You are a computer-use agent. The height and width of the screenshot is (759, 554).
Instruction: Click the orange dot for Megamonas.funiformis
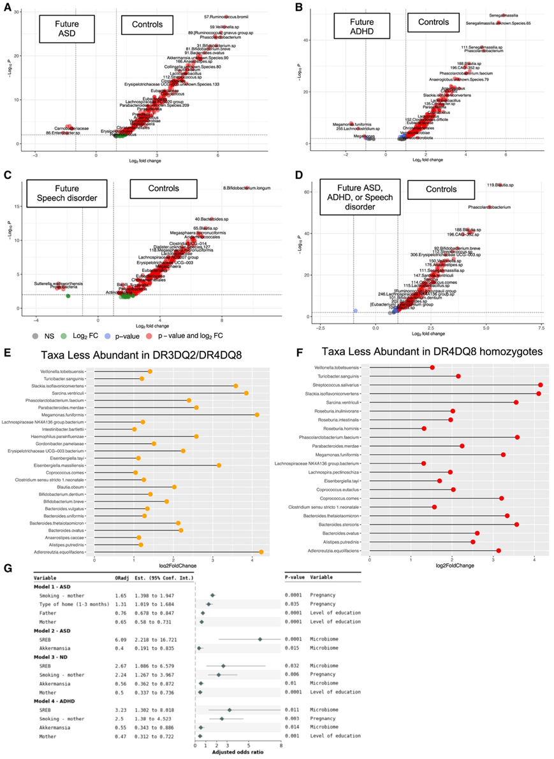point(257,415)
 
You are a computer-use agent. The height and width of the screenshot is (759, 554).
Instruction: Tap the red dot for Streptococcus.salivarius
point(540,385)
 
